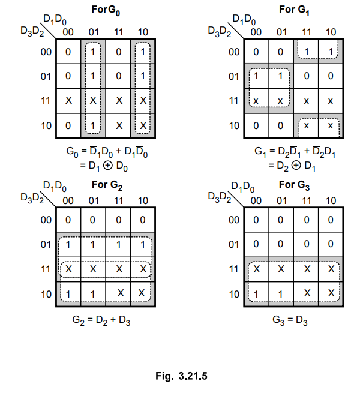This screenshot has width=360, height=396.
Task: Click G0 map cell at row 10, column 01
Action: click(93, 126)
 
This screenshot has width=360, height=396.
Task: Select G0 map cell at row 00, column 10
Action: click(143, 52)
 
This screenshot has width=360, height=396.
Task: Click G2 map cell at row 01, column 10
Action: click(143, 245)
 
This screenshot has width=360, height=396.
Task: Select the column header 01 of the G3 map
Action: click(281, 201)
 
